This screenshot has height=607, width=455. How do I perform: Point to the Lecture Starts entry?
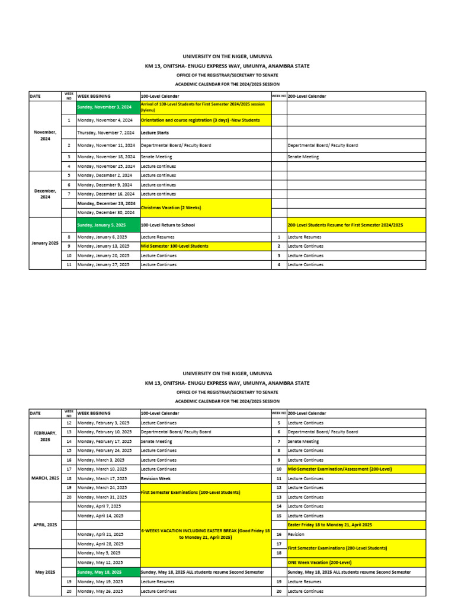(x=155, y=133)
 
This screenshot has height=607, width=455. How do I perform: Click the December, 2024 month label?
(x=45, y=194)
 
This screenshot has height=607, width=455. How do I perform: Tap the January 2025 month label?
(x=45, y=244)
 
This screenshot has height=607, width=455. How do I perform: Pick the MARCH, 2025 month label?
(x=45, y=478)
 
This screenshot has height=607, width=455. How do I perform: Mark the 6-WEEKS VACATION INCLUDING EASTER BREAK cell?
(x=205, y=534)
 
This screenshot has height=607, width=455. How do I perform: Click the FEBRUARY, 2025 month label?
(x=45, y=436)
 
